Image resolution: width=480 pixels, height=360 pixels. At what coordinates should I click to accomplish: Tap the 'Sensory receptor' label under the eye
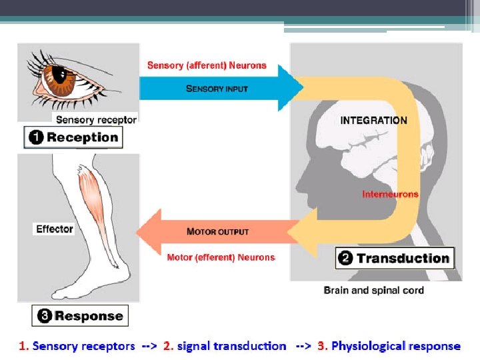(96, 120)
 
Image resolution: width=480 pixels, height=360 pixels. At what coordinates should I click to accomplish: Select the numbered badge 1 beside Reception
(36, 138)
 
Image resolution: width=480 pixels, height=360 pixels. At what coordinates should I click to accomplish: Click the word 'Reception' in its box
(82, 138)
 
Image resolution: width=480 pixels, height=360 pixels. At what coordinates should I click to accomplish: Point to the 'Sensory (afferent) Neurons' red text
(207, 65)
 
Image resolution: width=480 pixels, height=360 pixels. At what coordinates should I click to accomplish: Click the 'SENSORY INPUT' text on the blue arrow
(217, 88)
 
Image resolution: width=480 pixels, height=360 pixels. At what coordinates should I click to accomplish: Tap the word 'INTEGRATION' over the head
(373, 121)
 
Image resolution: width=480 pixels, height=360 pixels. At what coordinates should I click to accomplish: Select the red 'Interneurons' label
(391, 195)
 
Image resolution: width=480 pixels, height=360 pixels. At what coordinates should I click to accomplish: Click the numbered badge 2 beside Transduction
(346, 259)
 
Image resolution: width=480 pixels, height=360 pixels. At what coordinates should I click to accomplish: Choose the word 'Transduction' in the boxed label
(403, 259)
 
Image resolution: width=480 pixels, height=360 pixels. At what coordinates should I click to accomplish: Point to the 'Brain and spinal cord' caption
(373, 290)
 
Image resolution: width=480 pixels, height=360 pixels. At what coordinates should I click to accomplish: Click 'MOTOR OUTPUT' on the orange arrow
(217, 231)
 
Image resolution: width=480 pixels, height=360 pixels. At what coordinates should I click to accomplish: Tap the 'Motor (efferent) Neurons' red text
(221, 257)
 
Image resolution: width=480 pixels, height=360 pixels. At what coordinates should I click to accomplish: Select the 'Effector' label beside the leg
(55, 229)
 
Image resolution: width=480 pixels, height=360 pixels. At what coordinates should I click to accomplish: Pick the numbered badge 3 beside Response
(45, 316)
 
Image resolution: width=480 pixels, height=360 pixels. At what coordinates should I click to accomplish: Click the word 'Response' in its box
(89, 316)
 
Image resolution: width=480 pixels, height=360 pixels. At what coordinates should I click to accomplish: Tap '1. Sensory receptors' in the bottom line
(77, 346)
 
